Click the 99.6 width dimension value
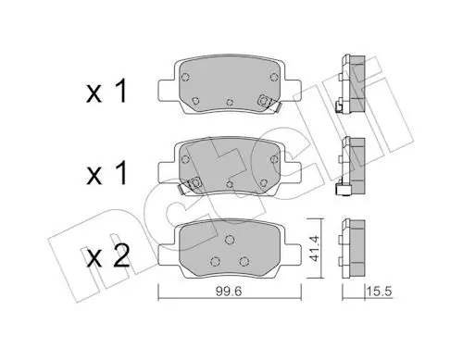click(x=229, y=292)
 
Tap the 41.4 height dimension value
click(x=314, y=248)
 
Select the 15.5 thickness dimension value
click(x=380, y=291)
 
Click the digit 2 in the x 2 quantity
click(x=121, y=255)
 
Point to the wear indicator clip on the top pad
click(x=268, y=103)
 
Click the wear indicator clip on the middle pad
click(x=190, y=186)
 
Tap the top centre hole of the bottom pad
click(x=230, y=240)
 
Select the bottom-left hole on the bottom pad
click(x=215, y=261)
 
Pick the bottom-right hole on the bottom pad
click(x=244, y=261)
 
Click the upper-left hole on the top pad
click(x=185, y=77)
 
